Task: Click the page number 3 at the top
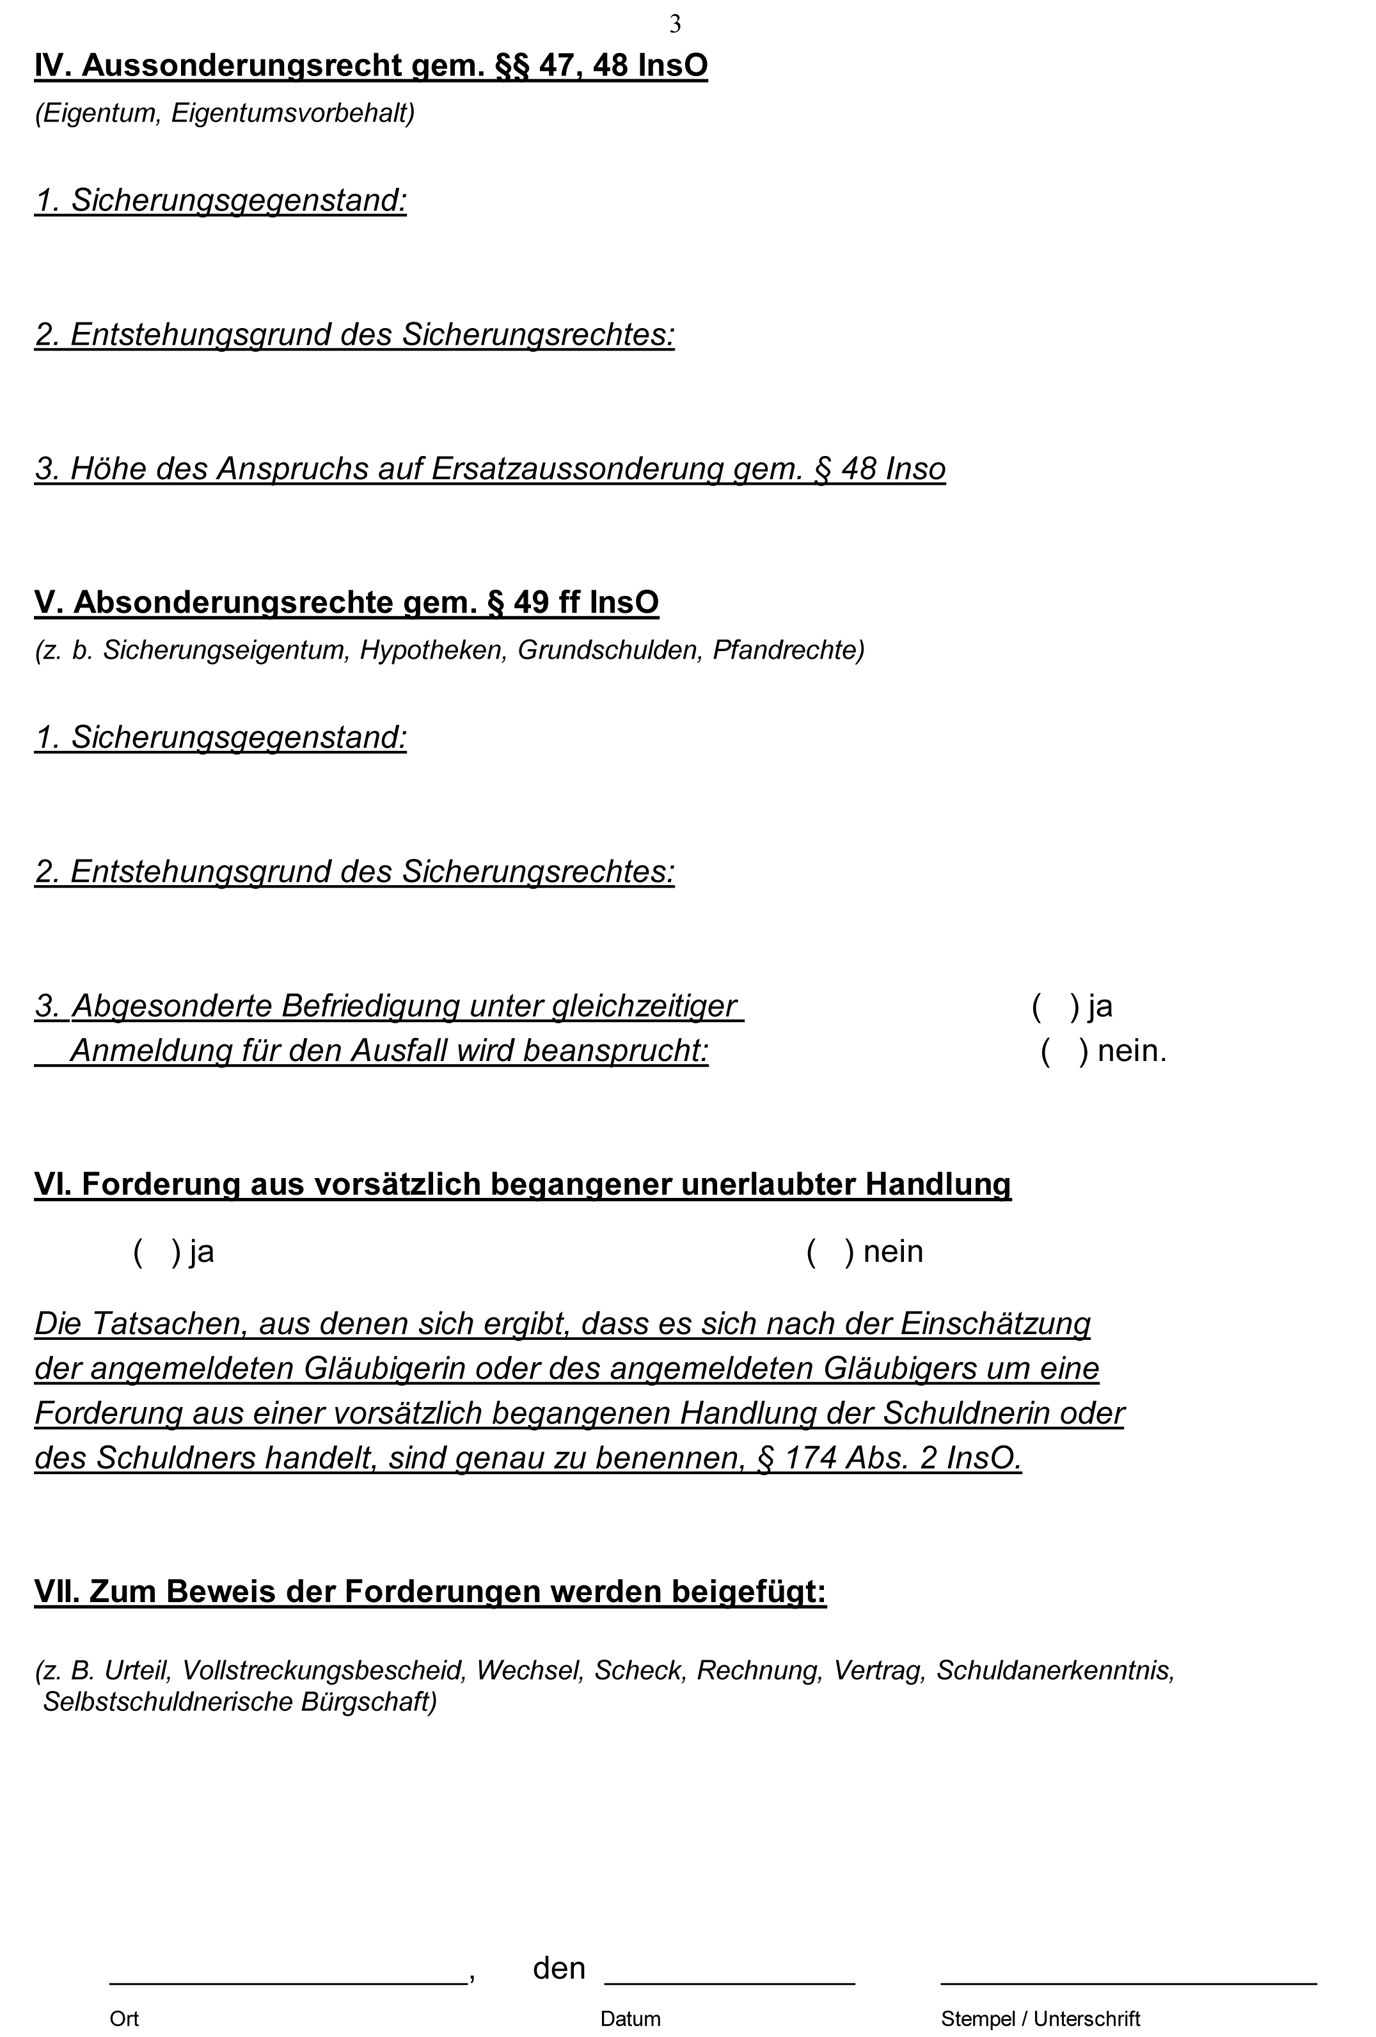(x=675, y=24)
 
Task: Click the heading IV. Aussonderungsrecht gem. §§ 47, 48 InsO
(x=371, y=66)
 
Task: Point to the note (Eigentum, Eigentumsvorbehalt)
(x=225, y=113)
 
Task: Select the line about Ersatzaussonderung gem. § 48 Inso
(x=490, y=469)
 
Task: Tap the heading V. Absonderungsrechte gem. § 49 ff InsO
(x=346, y=602)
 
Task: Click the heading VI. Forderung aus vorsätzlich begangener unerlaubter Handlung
(x=523, y=1184)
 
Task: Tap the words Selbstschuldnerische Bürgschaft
(x=239, y=1701)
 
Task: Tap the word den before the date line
(x=559, y=1969)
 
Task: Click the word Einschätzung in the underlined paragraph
(x=995, y=1323)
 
